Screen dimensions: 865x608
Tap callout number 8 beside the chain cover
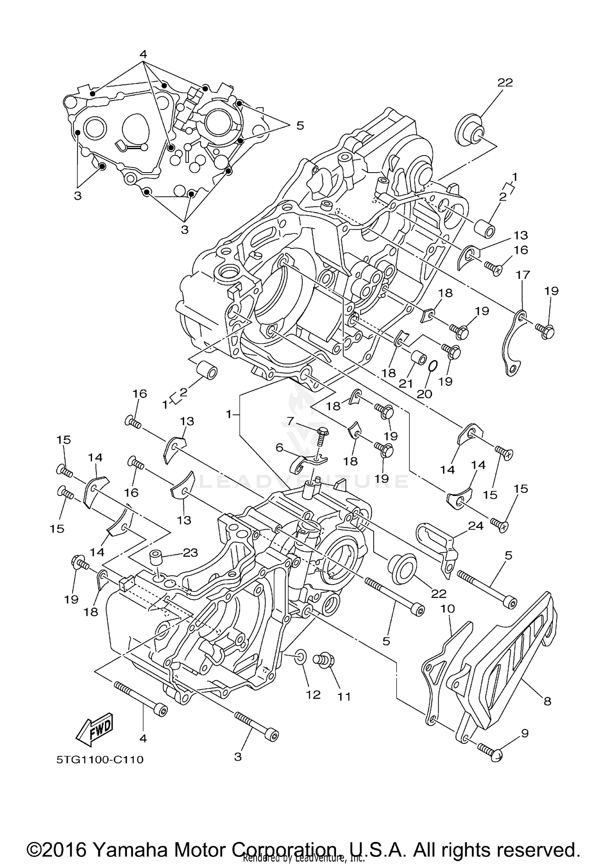pyautogui.click(x=547, y=701)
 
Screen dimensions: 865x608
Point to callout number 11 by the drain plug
pyautogui.click(x=344, y=696)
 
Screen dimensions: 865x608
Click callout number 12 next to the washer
pyautogui.click(x=313, y=694)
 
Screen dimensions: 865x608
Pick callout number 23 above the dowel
pyautogui.click(x=190, y=552)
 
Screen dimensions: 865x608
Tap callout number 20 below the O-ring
pyautogui.click(x=425, y=393)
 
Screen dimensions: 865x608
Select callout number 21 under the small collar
pyautogui.click(x=406, y=384)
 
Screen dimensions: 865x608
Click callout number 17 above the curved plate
pyautogui.click(x=522, y=275)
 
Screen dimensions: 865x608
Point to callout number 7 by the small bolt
pyautogui.click(x=291, y=421)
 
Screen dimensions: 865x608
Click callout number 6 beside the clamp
pyautogui.click(x=279, y=447)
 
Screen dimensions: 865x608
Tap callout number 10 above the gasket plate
pyautogui.click(x=447, y=608)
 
